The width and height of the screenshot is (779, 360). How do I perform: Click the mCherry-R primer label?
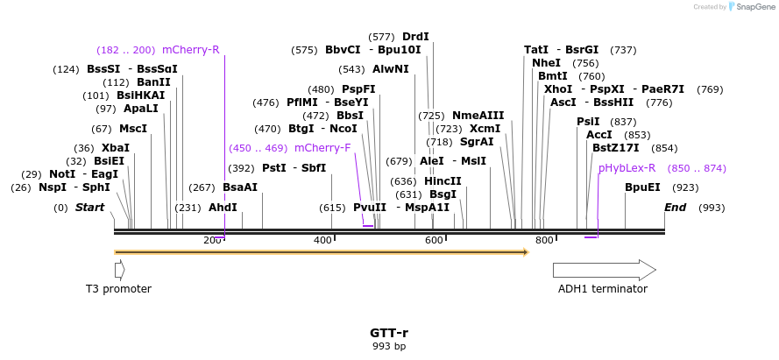(x=190, y=50)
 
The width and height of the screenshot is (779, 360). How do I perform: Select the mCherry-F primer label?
(x=322, y=148)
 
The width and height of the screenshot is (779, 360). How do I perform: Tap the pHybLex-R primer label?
(x=627, y=168)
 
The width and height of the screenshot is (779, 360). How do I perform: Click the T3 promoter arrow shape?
(x=119, y=270)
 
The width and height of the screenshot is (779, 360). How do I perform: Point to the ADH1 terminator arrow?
(x=604, y=270)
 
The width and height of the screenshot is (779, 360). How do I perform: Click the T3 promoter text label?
(x=118, y=289)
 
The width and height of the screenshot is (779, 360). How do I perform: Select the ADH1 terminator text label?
(x=603, y=289)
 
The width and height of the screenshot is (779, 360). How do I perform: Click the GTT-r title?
(x=389, y=333)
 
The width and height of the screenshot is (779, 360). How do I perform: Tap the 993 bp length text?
(x=389, y=347)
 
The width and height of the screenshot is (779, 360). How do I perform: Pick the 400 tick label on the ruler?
(x=322, y=241)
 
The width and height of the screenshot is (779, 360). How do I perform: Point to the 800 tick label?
(x=544, y=241)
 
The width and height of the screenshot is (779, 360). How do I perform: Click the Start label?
(x=89, y=208)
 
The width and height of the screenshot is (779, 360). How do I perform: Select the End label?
(x=676, y=208)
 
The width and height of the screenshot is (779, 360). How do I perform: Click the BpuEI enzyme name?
(x=642, y=187)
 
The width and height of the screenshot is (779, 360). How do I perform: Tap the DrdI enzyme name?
(x=415, y=37)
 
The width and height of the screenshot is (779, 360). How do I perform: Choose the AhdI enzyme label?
(x=223, y=208)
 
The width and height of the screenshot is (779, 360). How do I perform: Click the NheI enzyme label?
(x=546, y=63)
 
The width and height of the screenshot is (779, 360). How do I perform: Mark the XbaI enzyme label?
(x=115, y=148)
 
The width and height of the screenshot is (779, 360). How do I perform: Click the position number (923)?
(x=685, y=187)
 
